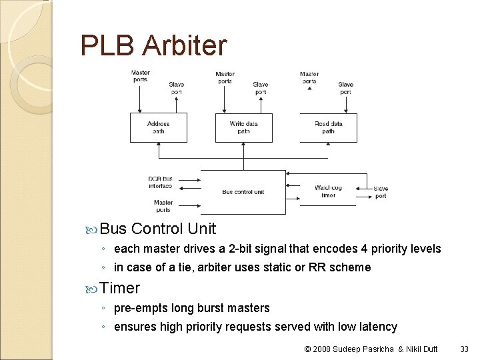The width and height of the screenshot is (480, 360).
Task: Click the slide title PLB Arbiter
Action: click(153, 45)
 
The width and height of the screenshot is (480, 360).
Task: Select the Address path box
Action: click(158, 127)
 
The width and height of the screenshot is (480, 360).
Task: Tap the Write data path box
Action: click(243, 127)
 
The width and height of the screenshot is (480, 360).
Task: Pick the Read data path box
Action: click(328, 127)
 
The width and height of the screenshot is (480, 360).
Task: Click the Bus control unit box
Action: click(243, 192)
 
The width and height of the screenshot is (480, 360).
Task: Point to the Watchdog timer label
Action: click(328, 191)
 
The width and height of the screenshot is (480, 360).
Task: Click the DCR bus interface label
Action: click(160, 182)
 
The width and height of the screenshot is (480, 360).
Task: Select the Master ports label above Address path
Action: click(141, 76)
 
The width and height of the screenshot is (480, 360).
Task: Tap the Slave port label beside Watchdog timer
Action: click(381, 192)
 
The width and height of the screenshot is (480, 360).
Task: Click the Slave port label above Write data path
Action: click(261, 88)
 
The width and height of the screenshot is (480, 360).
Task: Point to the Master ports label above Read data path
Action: click(309, 77)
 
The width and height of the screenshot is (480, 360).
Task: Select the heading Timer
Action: click(120, 288)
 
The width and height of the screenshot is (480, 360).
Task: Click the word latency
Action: click(377, 327)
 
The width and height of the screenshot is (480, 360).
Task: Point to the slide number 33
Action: click(464, 348)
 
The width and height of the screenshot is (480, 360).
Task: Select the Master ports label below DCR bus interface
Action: click(163, 205)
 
